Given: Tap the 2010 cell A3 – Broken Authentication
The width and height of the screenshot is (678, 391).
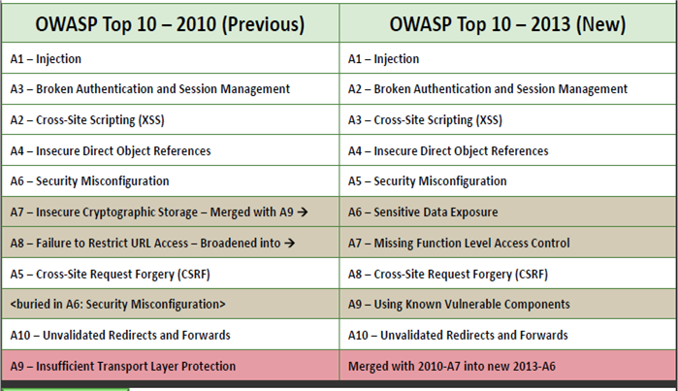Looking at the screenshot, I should click(149, 89).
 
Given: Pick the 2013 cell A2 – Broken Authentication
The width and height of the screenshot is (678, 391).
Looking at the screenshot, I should click(487, 89).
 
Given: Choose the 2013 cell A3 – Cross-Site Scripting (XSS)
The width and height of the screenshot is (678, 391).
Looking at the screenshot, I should click(425, 120).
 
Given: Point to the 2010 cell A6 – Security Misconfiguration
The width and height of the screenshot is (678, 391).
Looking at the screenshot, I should click(89, 181).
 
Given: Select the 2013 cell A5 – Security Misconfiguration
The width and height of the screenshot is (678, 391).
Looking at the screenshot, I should click(427, 181).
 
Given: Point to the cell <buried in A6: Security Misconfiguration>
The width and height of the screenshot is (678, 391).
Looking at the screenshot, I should click(117, 305).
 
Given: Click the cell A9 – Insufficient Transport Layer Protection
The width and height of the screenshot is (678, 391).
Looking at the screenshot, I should click(122, 367).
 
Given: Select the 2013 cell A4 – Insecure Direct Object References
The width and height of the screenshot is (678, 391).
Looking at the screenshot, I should click(448, 151).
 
